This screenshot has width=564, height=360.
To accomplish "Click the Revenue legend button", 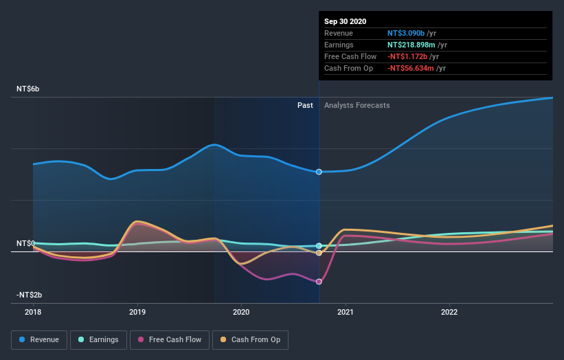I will [x=40, y=339].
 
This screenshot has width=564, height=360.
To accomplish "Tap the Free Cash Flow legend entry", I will [x=169, y=339].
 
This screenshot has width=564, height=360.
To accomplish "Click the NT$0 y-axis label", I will [x=26, y=244].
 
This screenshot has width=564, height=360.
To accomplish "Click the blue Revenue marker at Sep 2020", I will [x=319, y=172].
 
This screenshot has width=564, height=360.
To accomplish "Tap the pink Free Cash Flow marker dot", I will [x=319, y=282].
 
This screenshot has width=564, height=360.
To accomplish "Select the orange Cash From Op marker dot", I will [x=319, y=253].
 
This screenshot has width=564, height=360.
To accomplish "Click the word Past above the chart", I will [x=305, y=106].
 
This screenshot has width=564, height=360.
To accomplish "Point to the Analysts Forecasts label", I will [x=357, y=106].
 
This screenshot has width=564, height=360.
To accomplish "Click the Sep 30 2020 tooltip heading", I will [x=346, y=21].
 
